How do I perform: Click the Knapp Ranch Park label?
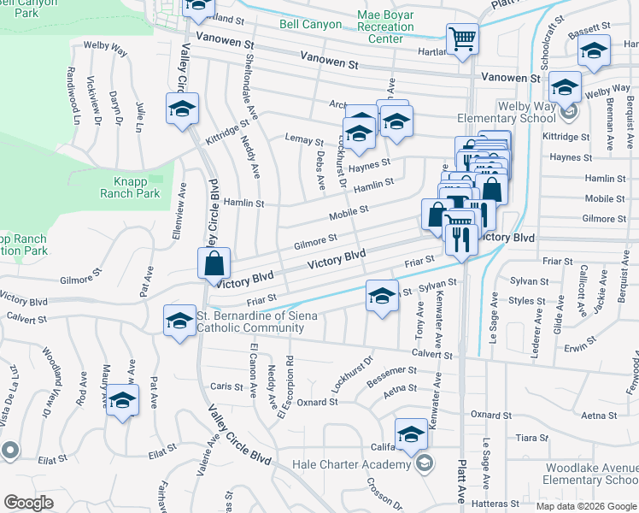(x=137, y=186)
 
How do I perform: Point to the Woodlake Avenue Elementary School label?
(x=581, y=474)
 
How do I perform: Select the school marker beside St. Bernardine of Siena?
(x=179, y=321)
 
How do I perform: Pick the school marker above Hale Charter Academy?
(x=411, y=433)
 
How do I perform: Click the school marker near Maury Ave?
(x=123, y=401)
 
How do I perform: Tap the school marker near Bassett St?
(x=595, y=53)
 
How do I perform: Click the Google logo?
(x=28, y=503)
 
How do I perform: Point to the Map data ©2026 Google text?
(x=586, y=506)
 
